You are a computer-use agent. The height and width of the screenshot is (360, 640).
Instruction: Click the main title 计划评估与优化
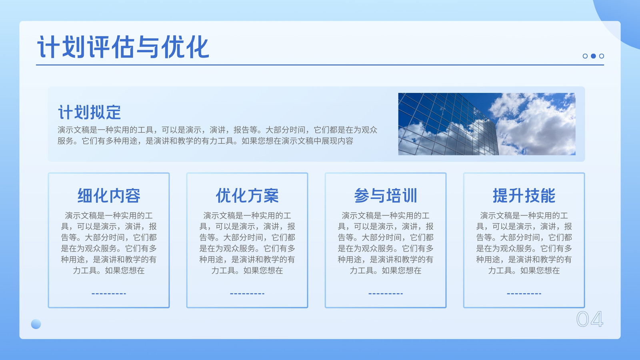(123, 47)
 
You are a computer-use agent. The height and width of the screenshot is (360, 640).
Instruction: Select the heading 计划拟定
(90, 112)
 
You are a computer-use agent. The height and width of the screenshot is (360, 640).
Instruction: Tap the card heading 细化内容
(109, 196)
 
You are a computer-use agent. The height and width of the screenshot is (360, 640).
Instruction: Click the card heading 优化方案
(247, 196)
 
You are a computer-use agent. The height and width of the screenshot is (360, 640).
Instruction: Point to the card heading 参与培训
(386, 196)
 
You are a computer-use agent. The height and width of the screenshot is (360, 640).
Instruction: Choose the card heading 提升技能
(524, 196)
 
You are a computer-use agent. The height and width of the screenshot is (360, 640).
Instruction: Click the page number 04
(590, 319)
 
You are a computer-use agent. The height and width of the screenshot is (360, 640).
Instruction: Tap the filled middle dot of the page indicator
(594, 56)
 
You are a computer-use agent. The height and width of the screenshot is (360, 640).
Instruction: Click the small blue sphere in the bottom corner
(36, 324)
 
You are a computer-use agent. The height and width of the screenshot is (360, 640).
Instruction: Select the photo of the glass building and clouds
(487, 124)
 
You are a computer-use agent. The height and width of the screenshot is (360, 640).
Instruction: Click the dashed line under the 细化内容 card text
(109, 294)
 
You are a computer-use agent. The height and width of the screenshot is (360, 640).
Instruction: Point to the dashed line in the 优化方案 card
(247, 294)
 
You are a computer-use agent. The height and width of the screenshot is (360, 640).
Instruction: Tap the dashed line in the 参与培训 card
(386, 294)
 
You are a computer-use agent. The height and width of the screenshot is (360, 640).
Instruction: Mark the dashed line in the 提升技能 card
(524, 294)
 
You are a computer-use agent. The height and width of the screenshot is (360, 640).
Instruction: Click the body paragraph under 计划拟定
(218, 136)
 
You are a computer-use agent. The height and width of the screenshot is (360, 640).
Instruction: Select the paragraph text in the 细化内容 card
(109, 243)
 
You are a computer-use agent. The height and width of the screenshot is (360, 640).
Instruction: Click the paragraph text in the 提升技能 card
(524, 243)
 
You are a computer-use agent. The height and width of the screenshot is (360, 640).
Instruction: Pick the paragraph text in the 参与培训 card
(386, 243)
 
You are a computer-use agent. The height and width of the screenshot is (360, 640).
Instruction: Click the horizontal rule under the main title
(320, 65)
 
